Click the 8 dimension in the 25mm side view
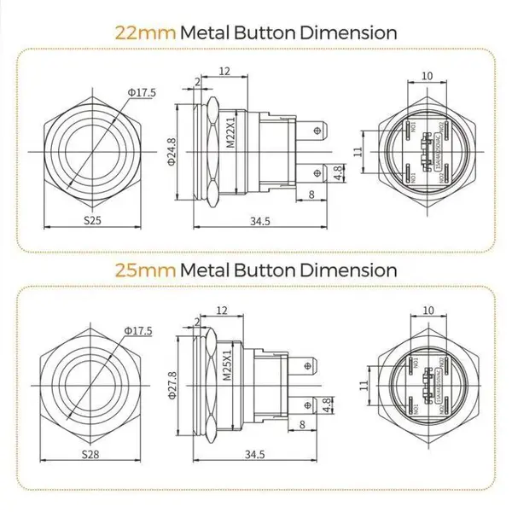point(303,425)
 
